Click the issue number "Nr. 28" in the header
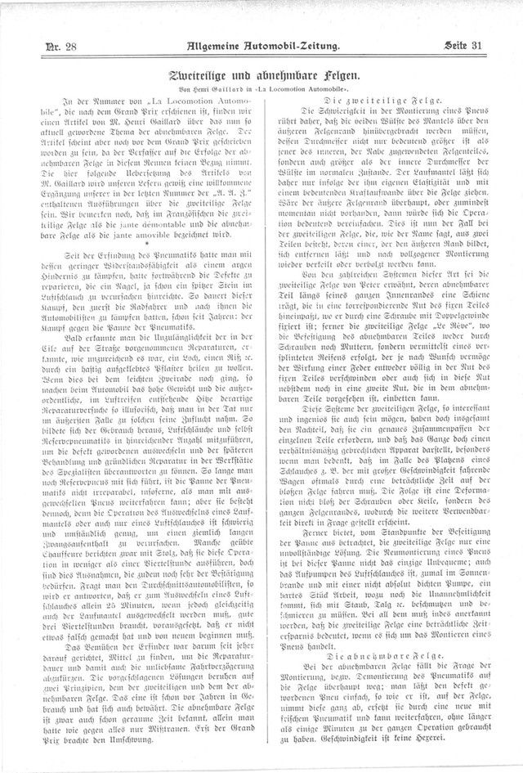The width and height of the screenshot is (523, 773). [61, 47]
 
